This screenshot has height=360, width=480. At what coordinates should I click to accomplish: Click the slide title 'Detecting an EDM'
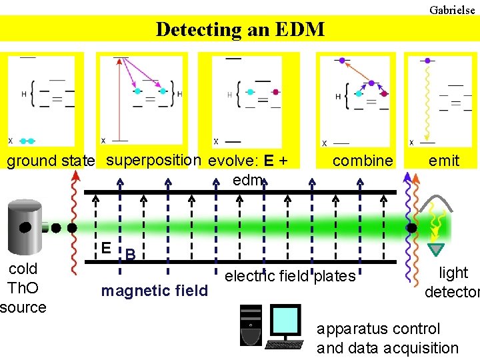[x=240, y=29]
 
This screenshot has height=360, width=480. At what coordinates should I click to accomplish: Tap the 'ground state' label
[x=51, y=161]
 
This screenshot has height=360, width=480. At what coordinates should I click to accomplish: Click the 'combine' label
[x=363, y=161]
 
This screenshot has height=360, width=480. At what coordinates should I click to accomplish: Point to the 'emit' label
[x=443, y=161]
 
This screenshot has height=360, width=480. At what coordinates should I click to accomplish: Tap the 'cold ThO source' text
[x=23, y=288]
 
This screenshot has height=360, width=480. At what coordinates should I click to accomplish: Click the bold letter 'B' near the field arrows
[x=131, y=255]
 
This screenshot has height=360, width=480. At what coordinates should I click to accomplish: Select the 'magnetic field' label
[x=154, y=291]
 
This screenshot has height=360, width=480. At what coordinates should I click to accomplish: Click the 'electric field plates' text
[x=291, y=276]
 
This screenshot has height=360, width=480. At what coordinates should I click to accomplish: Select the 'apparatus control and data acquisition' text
[x=387, y=338]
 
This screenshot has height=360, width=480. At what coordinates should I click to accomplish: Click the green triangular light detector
[x=435, y=250]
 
